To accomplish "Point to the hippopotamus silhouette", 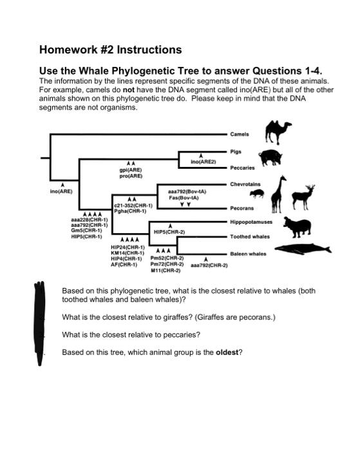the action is [x=303, y=227].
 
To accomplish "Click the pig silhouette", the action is [x=272, y=157].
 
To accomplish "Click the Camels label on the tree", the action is [x=240, y=134].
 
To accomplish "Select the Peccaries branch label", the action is [x=243, y=168].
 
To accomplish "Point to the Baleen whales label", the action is [x=248, y=254].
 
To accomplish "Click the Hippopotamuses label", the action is [x=251, y=221].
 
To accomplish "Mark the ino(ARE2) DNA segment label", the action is [x=204, y=162].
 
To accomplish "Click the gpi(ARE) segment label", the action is [x=131, y=169].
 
